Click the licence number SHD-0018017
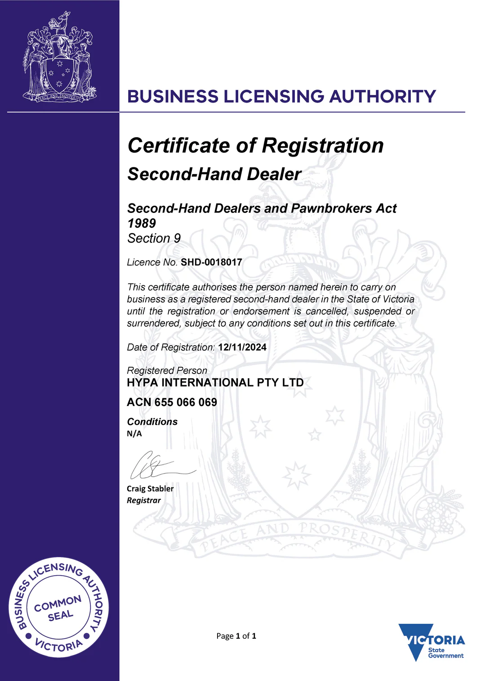tap(211, 262)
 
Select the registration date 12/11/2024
tap(242, 347)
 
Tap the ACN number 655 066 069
tap(186, 402)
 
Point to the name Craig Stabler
tap(150, 489)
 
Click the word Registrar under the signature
tap(144, 501)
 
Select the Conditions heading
tap(152, 422)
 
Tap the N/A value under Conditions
tap(134, 434)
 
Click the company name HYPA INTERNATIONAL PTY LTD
tap(215, 383)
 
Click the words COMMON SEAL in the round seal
tap(58, 609)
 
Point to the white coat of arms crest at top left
tap(59, 58)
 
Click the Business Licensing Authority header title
tap(282, 97)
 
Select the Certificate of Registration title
tap(256, 146)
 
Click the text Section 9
tap(154, 239)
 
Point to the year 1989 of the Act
tap(142, 223)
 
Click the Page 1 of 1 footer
tap(236, 636)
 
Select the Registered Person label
tap(167, 370)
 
